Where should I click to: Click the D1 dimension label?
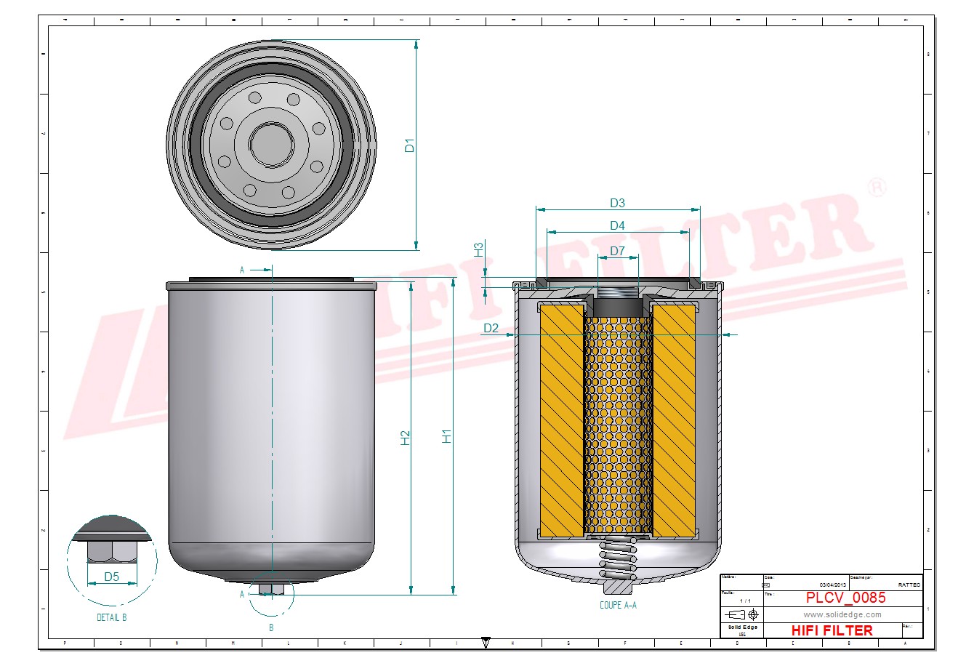410,145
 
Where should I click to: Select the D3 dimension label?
617,203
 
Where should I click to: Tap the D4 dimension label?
617,225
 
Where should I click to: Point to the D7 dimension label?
617,251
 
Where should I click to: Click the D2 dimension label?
491,329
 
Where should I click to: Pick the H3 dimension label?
479,249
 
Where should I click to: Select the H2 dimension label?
406,438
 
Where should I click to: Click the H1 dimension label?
448,436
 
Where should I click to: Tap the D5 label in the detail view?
111,577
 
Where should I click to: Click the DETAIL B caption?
112,617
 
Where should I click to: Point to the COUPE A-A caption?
618,605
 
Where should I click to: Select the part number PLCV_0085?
845,598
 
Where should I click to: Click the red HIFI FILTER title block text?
832,630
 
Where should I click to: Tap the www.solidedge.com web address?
842,614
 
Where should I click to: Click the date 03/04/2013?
832,585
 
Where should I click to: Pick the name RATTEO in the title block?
909,585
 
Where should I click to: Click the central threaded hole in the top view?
271,143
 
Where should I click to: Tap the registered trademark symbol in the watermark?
877,188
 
